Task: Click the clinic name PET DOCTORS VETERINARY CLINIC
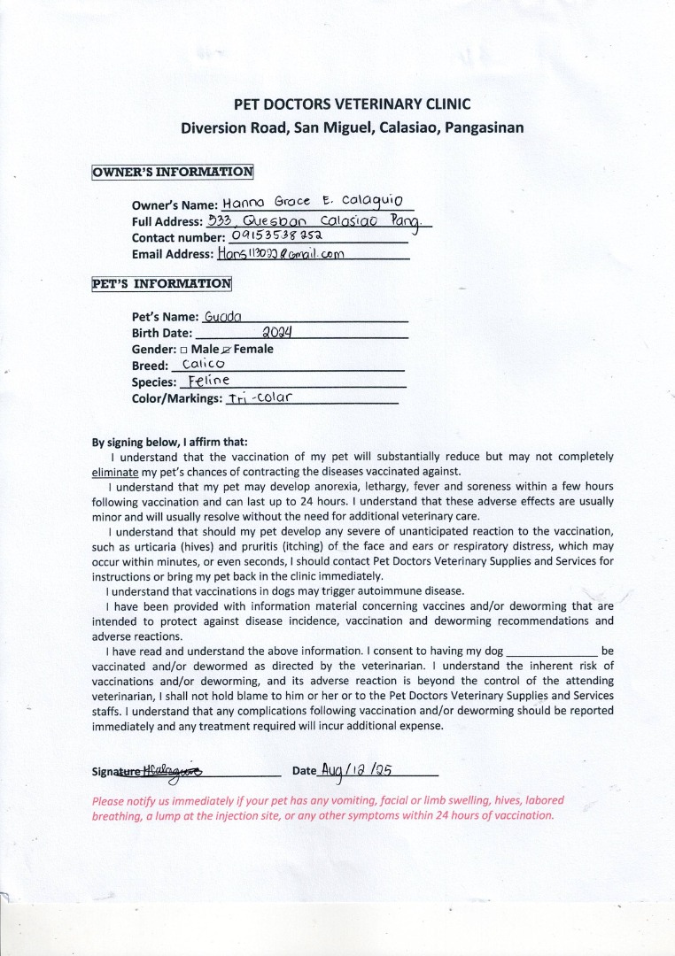click(352, 104)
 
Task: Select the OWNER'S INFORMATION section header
click(172, 172)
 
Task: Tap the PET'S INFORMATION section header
click(161, 284)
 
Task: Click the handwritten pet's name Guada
click(217, 316)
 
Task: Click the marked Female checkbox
click(227, 350)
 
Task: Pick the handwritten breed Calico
click(203, 365)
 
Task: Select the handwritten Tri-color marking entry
click(259, 398)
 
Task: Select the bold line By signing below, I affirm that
click(170, 442)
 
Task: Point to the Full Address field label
click(167, 221)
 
